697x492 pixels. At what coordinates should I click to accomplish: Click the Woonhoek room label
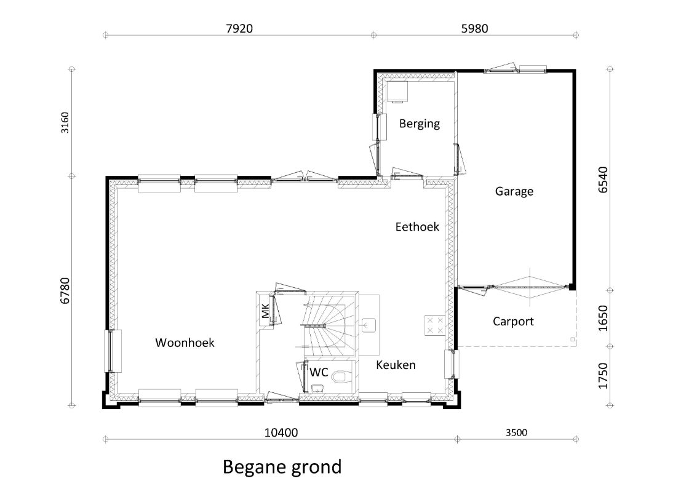[185, 343]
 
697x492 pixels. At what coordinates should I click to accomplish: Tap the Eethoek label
[417, 227]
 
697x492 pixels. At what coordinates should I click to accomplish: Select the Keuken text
[396, 365]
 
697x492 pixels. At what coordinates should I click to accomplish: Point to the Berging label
[419, 124]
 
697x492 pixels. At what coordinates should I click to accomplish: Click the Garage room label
[514, 191]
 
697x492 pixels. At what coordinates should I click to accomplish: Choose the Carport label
[513, 321]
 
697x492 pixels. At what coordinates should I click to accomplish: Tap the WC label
[319, 372]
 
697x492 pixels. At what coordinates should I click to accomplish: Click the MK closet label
[265, 311]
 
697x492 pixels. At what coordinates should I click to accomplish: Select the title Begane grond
[282, 467]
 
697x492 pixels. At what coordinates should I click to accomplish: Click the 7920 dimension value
[239, 28]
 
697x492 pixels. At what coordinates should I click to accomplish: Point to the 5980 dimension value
[474, 28]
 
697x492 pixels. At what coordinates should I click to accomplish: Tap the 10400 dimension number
[281, 432]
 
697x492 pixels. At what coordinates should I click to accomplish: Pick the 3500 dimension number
[516, 432]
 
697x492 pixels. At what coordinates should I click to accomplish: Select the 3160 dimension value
[65, 122]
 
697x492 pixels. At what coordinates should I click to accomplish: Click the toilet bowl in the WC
[339, 377]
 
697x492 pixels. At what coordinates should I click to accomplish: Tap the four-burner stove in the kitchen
[435, 325]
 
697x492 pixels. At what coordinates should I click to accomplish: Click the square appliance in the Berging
[397, 92]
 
